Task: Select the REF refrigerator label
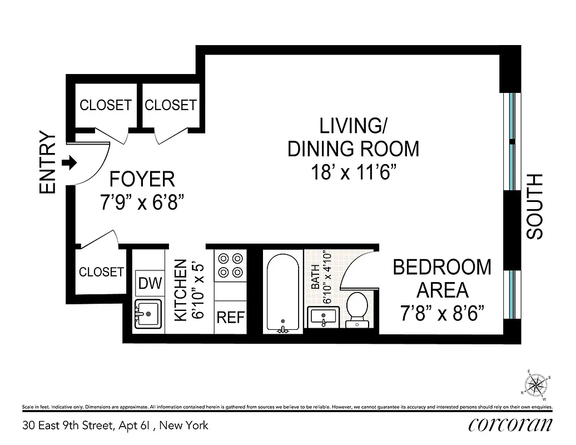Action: [x=231, y=318]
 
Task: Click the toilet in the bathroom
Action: [x=356, y=310]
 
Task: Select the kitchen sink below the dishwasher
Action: [x=148, y=315]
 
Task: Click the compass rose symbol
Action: [x=537, y=384]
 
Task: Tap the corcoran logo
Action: [x=510, y=426]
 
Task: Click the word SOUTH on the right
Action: [x=535, y=207]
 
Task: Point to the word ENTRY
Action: [x=48, y=164]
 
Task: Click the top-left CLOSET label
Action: [x=106, y=105]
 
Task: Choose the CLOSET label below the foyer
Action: [x=101, y=272]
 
